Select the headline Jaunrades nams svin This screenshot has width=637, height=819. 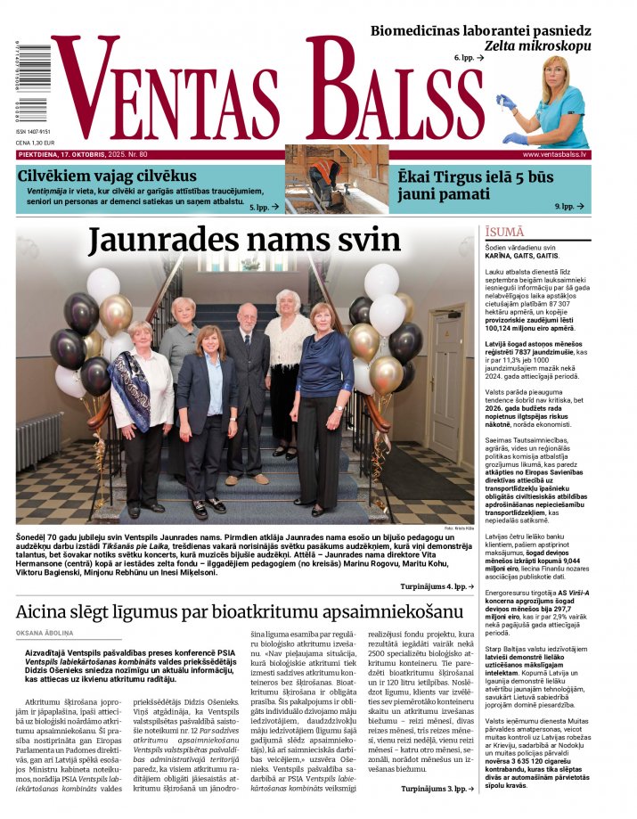[257, 242]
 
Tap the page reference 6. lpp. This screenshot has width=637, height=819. [469, 57]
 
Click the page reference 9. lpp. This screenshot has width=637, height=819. [564, 206]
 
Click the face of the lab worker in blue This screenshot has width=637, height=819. [555, 78]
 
